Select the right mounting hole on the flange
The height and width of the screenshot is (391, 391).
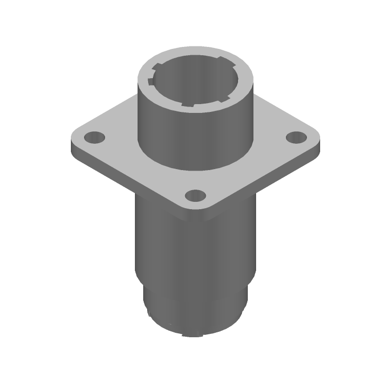[295, 137]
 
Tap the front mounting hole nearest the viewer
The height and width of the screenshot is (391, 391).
[195, 196]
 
